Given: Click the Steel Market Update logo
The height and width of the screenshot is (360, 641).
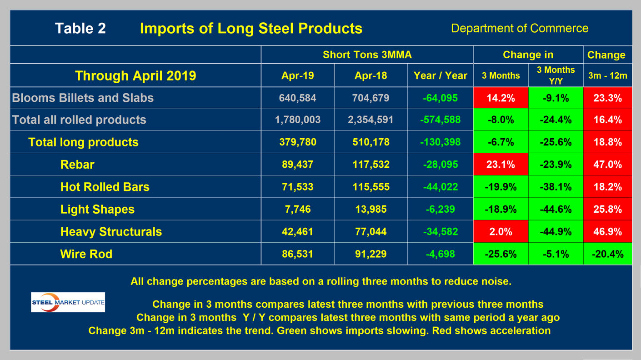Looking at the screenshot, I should [68, 302].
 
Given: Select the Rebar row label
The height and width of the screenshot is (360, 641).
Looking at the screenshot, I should [77, 165].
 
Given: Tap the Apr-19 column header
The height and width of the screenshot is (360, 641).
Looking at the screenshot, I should [297, 76].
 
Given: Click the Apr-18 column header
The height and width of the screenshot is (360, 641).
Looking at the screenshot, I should [371, 76].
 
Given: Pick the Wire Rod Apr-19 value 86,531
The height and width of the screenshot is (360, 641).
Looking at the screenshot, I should [297, 254].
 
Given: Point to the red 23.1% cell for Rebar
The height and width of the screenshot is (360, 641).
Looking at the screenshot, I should [501, 164].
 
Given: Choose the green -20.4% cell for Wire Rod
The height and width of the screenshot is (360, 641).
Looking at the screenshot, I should [607, 254].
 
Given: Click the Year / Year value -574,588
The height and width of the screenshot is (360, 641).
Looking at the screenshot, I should [440, 120].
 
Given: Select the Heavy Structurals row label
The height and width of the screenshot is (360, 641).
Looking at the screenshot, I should [111, 232].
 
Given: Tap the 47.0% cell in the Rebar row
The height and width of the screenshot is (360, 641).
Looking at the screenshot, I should [607, 164].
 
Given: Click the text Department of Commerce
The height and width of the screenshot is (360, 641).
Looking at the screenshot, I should [519, 28].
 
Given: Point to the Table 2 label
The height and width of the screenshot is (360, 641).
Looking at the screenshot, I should [80, 29].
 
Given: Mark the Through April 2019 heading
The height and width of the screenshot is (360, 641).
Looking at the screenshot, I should [135, 75].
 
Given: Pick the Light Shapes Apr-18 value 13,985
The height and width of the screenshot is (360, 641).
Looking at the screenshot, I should [371, 209].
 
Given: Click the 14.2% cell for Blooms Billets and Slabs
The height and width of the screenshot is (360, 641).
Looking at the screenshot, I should [501, 98].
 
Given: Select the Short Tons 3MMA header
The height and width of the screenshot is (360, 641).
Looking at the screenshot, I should [367, 55].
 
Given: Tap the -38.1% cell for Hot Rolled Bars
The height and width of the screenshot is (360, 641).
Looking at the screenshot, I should [556, 187].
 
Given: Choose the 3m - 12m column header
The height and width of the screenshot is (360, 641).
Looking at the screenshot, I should [607, 76].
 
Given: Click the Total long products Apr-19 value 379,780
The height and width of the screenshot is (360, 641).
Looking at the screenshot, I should [297, 142].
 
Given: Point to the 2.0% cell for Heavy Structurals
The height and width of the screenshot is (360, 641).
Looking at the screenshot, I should [501, 232].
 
